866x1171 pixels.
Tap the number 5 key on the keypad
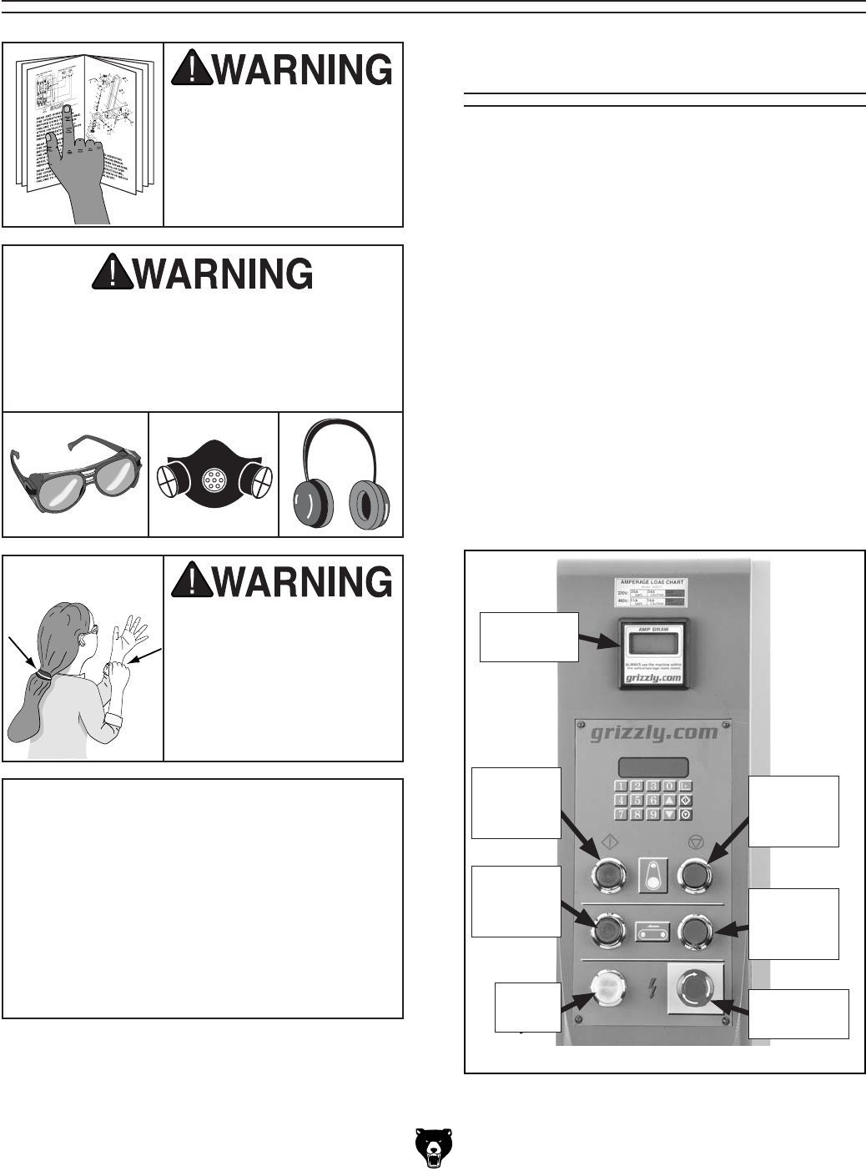coord(637,801)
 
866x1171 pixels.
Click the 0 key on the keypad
coord(669,787)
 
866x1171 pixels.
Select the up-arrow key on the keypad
coord(669,801)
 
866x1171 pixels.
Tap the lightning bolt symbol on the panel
coord(653,990)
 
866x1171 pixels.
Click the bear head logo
coord(433,1148)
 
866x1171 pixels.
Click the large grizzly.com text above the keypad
coord(653,733)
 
